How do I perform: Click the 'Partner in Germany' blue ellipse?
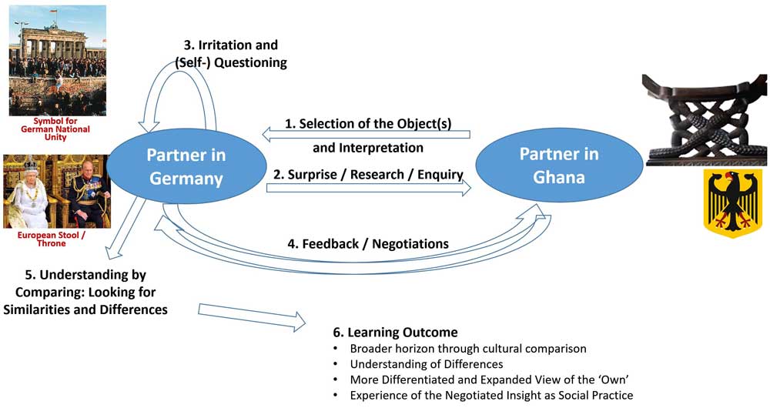(x=186, y=167)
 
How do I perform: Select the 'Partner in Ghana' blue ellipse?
(x=558, y=166)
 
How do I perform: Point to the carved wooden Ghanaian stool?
(x=705, y=119)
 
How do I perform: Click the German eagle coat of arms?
(x=731, y=204)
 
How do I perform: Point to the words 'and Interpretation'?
(x=367, y=147)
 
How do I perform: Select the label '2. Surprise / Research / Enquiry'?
(x=367, y=174)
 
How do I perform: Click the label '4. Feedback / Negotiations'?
(x=368, y=243)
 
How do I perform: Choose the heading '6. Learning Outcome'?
(x=395, y=333)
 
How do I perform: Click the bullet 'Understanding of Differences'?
(x=427, y=363)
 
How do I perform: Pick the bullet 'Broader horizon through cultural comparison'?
(x=467, y=348)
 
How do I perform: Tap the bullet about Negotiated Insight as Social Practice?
(x=490, y=395)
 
